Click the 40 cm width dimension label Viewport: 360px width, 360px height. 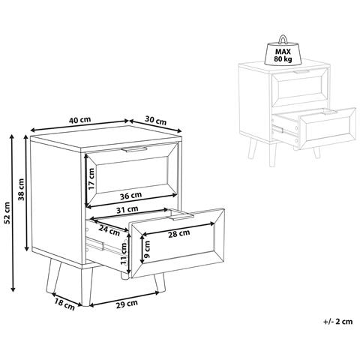80,120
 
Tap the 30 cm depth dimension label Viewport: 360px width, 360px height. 155,121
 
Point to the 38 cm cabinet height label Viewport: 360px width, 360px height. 21,190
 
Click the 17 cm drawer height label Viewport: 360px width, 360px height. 91,178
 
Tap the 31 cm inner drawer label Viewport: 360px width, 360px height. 127,209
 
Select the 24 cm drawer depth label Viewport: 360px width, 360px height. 109,230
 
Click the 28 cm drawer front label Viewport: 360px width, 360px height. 179,233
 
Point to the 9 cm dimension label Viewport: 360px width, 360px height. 147,249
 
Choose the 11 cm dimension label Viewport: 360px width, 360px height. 124,253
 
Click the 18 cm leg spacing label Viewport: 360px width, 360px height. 64,305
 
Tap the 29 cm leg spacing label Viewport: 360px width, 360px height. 127,304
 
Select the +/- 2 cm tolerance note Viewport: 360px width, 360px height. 338,322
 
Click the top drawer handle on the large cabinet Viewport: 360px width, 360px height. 134,149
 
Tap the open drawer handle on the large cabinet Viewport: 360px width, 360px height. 181,217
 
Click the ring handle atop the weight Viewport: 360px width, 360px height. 283,39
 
